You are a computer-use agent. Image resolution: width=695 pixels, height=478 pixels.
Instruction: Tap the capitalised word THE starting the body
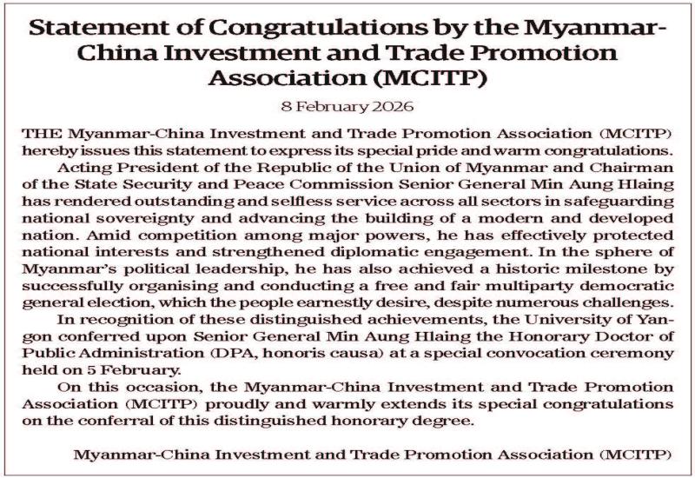[39, 134]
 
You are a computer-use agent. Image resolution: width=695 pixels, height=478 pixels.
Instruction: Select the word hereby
[45, 149]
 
